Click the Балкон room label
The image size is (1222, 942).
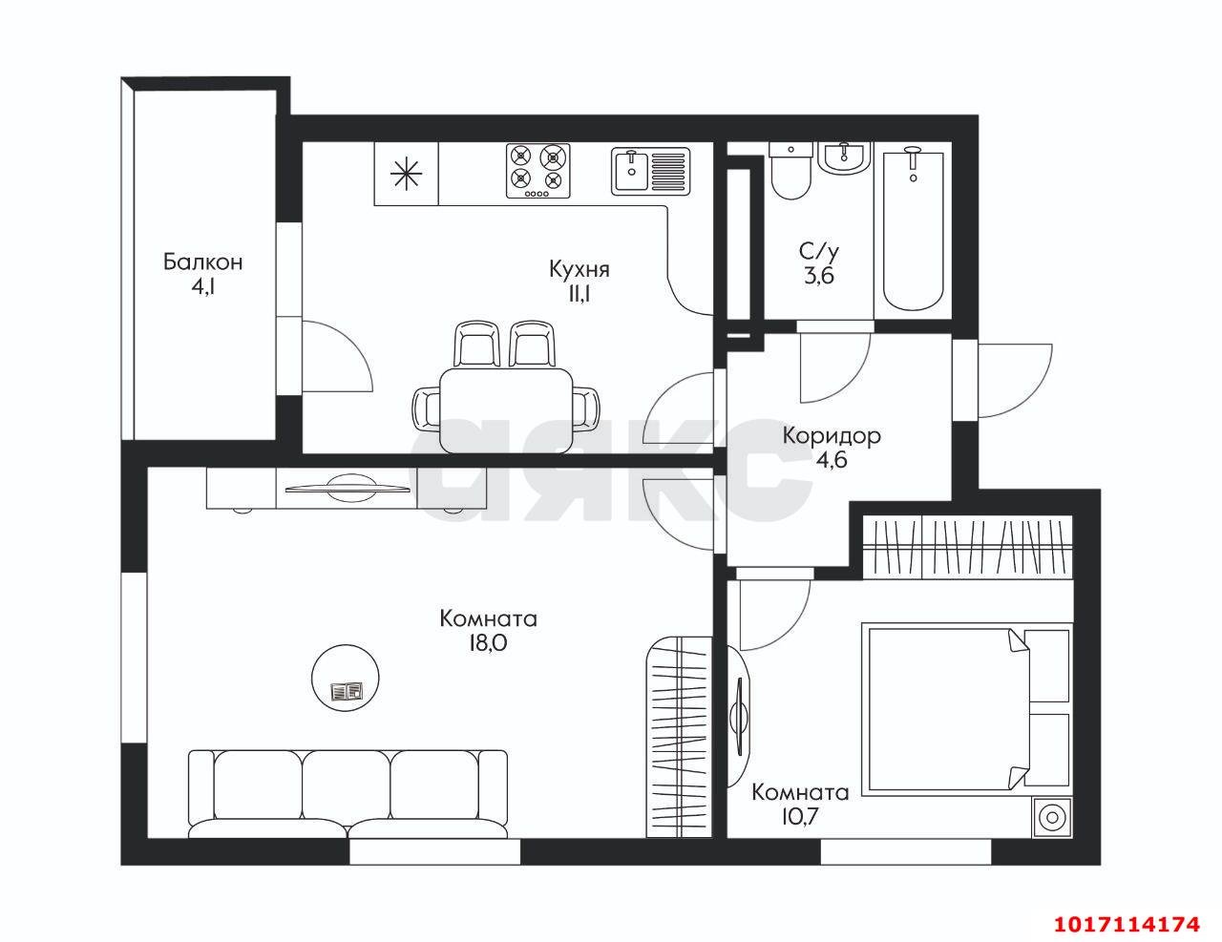(203, 262)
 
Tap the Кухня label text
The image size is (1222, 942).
(579, 269)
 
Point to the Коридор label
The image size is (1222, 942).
(832, 435)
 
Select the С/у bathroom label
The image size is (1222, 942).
(819, 252)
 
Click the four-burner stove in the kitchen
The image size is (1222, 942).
(537, 170)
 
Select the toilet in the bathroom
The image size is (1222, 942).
(790, 170)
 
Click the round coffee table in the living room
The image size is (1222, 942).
(346, 679)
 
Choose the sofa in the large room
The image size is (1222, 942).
(348, 794)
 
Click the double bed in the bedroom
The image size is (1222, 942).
(966, 707)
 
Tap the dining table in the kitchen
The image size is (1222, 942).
(506, 409)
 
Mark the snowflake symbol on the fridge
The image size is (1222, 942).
(406, 174)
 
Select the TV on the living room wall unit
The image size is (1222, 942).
(347, 488)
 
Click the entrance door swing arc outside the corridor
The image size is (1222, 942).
(1015, 381)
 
